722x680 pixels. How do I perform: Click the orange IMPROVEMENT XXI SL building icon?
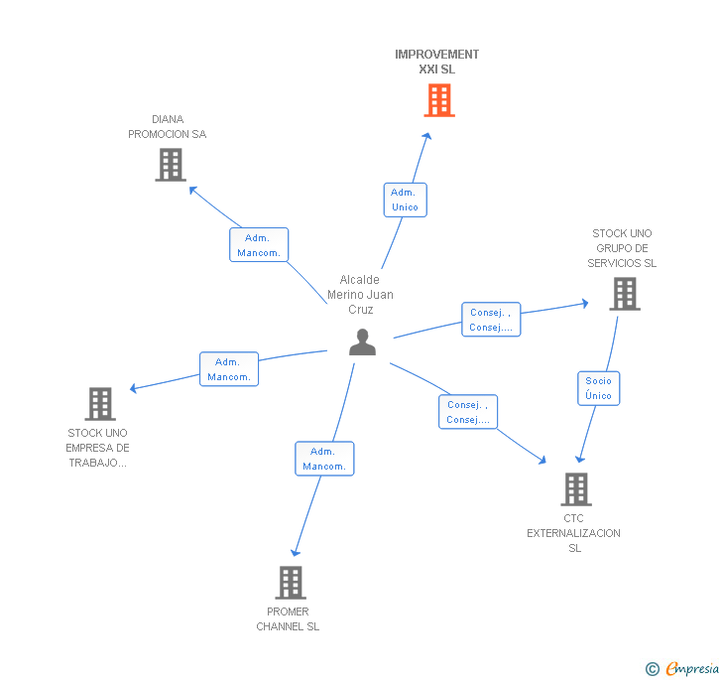pyautogui.click(x=439, y=100)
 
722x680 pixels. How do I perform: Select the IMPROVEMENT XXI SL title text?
pyautogui.click(x=436, y=62)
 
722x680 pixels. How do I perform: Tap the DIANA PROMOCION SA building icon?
pyautogui.click(x=171, y=165)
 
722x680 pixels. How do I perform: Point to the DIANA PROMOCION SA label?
pyautogui.click(x=167, y=127)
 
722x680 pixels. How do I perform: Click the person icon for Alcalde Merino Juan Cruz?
pyautogui.click(x=363, y=341)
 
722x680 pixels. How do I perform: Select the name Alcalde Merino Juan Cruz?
pyautogui.click(x=360, y=295)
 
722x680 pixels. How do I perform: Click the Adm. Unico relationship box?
pyautogui.click(x=405, y=200)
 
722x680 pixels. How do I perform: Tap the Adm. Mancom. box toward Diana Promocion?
pyautogui.click(x=259, y=245)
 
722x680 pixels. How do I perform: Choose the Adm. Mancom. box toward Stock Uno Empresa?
pyautogui.click(x=229, y=369)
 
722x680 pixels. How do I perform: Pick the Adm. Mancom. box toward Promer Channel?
pyautogui.click(x=324, y=459)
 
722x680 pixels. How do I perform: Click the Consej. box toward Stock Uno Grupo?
pyautogui.click(x=491, y=320)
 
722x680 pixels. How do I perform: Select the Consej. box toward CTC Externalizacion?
pyautogui.click(x=468, y=412)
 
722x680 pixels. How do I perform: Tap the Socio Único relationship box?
pyautogui.click(x=599, y=388)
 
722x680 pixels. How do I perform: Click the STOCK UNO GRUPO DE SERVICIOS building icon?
pyautogui.click(x=624, y=294)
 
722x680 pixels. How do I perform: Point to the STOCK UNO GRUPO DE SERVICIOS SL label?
pyautogui.click(x=622, y=248)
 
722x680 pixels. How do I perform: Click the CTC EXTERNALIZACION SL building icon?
pyautogui.click(x=575, y=488)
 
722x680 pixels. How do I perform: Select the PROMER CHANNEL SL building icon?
pyautogui.click(x=290, y=582)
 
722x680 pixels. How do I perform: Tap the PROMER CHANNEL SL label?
pyautogui.click(x=288, y=619)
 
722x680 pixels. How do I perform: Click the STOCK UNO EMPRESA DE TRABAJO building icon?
pyautogui.click(x=99, y=404)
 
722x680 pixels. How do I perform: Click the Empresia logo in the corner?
pyautogui.click(x=683, y=668)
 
